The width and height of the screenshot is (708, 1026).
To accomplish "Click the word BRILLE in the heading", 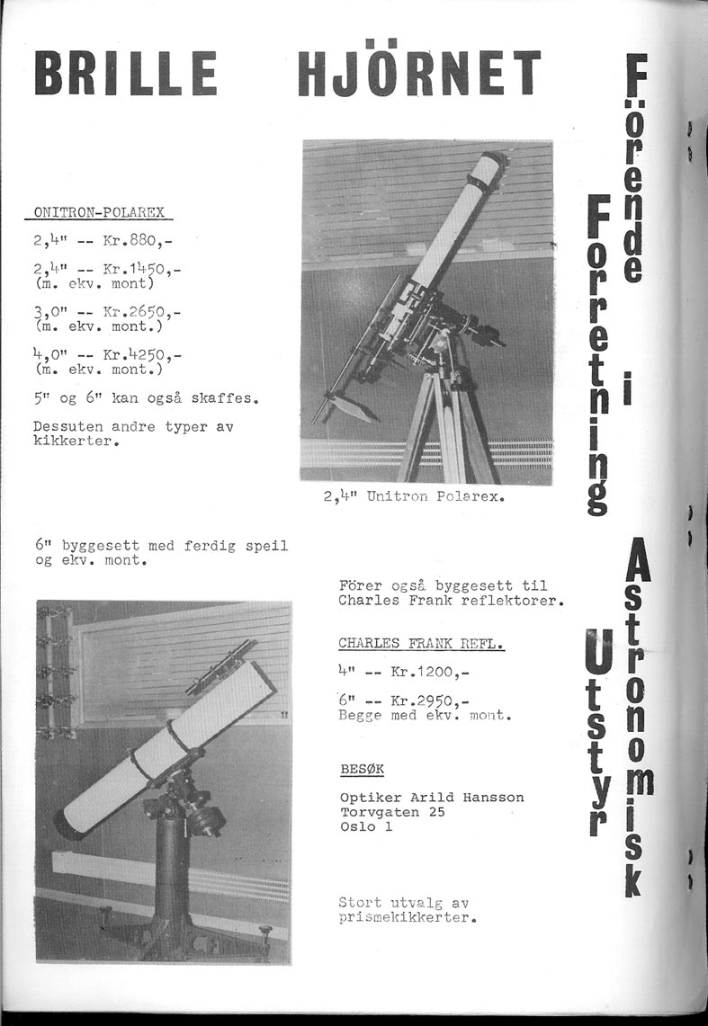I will pos(125,73).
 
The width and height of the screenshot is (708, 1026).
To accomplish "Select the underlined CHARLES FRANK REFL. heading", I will pos(421,644).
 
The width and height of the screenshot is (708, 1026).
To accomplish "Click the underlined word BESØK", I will pos(363,770).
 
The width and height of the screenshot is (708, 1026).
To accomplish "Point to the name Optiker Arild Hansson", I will pos(432,798).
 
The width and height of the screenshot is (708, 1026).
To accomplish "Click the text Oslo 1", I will pos(366,827).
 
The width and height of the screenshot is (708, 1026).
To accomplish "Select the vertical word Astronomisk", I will pos(636,716).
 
